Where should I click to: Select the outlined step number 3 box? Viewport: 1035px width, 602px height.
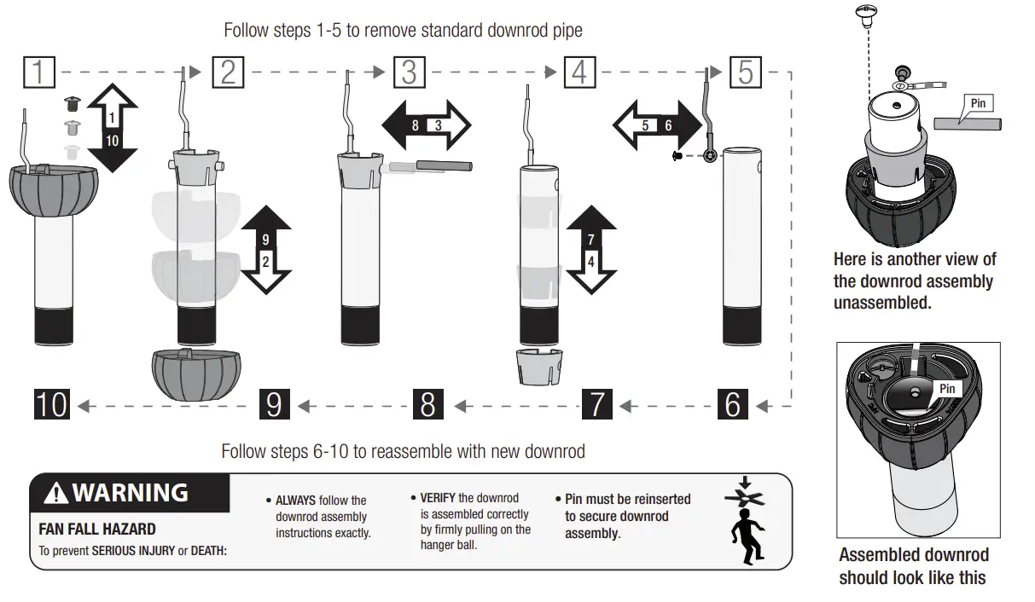(x=409, y=72)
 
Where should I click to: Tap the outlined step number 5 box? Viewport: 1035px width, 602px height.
(x=745, y=72)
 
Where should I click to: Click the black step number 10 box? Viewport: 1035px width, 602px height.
(x=51, y=404)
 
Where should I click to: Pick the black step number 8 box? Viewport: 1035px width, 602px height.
(x=427, y=404)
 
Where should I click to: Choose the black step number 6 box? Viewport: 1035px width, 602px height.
(x=732, y=404)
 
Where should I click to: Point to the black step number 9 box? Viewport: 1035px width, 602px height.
(x=273, y=404)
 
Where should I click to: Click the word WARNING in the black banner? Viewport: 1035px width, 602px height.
(x=130, y=493)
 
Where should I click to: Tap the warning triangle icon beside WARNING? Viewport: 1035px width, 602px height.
(x=56, y=494)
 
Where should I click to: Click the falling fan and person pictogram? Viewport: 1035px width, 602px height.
(x=744, y=520)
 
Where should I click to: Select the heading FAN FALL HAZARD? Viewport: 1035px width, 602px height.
(x=97, y=530)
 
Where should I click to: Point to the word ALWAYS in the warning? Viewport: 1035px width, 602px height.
(x=295, y=501)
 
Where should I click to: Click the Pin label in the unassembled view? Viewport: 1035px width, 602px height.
(x=978, y=103)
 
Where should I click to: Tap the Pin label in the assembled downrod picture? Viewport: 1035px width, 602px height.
(x=946, y=389)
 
